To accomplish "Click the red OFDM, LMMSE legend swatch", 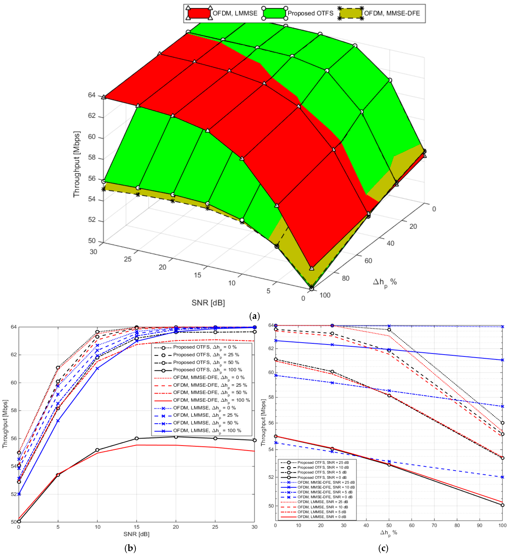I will click(x=199, y=13).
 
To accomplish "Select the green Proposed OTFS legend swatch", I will click(x=274, y=13).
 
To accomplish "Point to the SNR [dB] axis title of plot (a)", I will click(x=208, y=303).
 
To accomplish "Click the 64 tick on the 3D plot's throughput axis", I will click(x=91, y=95).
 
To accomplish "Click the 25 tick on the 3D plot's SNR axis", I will click(x=128, y=259).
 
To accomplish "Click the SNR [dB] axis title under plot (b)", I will click(x=136, y=534).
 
